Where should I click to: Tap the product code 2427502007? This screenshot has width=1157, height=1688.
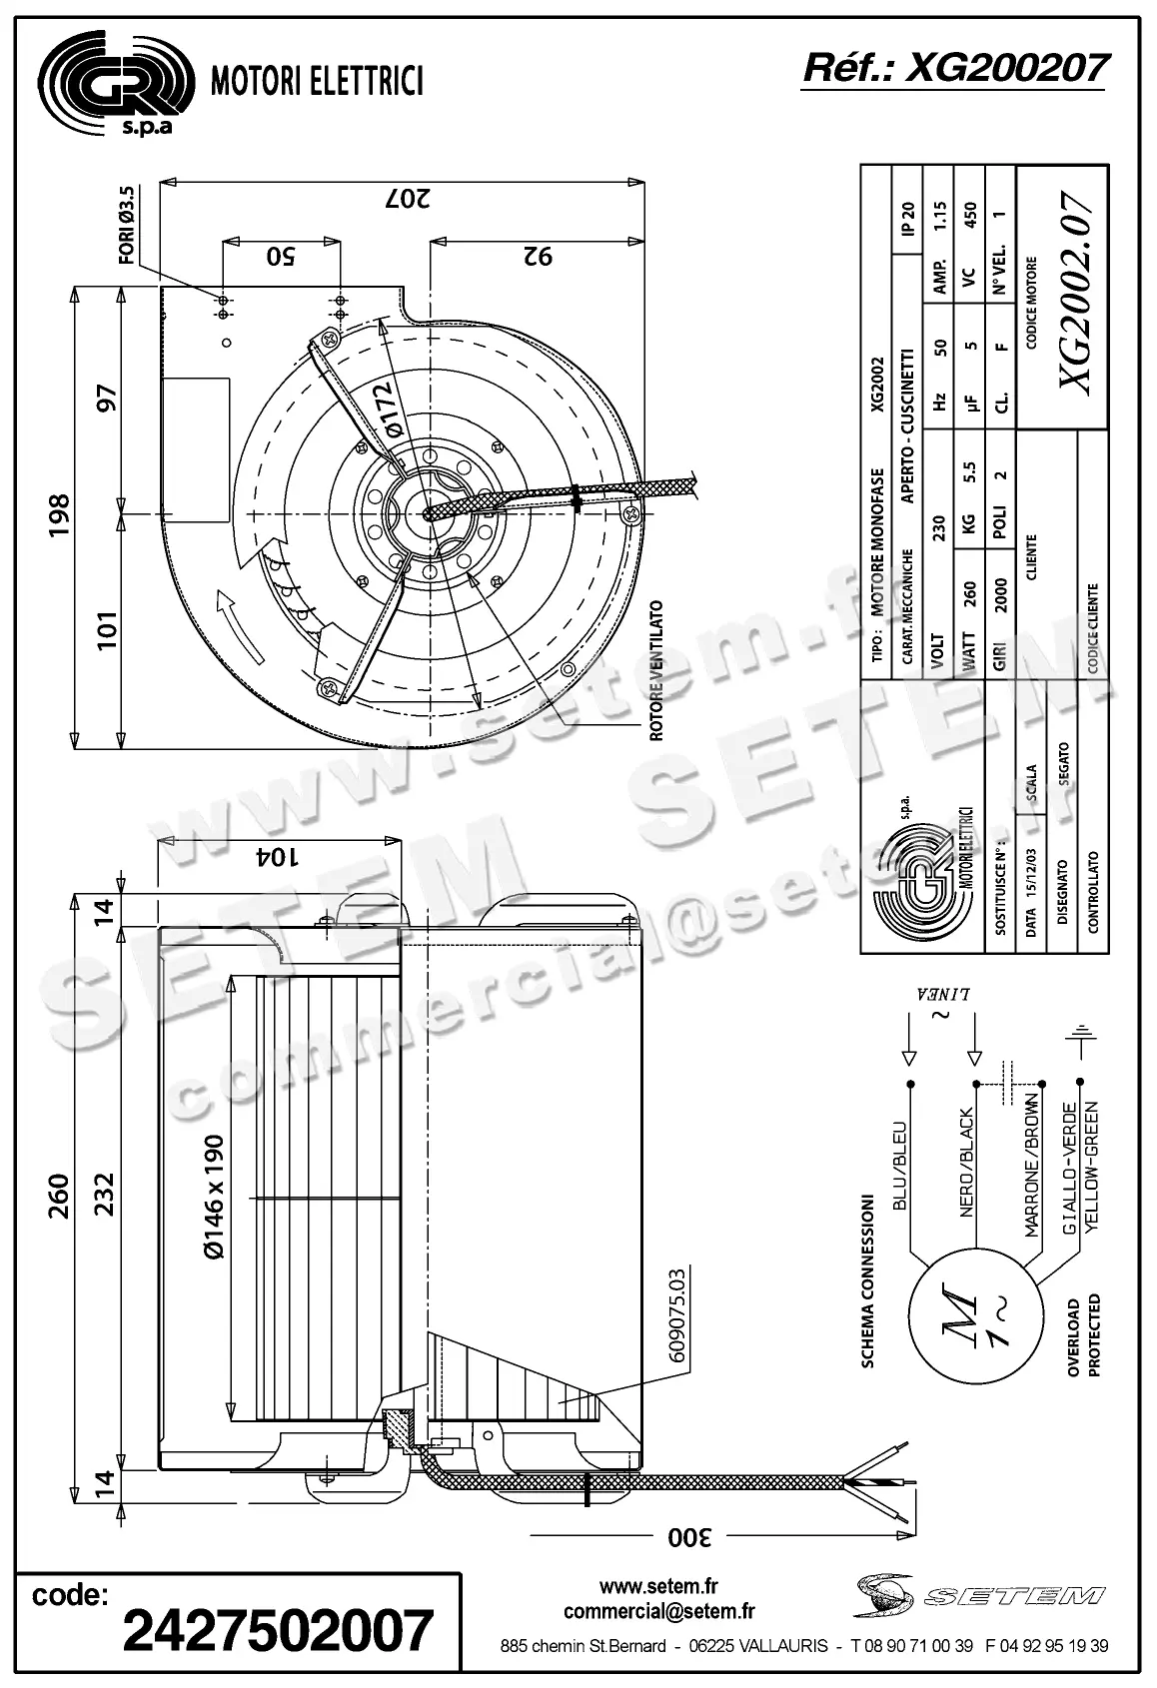click(278, 1631)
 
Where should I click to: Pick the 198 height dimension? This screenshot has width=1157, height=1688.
click(59, 515)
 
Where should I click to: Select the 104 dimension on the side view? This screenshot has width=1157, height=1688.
click(280, 856)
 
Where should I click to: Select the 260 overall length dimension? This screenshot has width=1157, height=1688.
click(59, 1197)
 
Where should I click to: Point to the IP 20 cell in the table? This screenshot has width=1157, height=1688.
click(907, 218)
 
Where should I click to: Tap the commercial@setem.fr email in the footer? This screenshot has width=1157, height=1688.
click(658, 1610)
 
